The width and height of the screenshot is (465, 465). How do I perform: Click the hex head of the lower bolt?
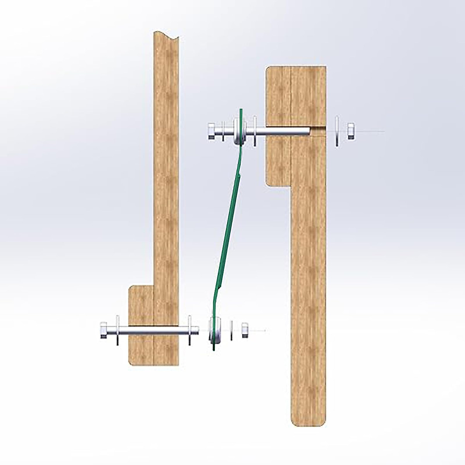(x=104, y=330)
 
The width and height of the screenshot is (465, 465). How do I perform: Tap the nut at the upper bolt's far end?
(x=351, y=131)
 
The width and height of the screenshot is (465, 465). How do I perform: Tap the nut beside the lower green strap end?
(x=245, y=330)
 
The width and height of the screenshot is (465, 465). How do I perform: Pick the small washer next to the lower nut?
(x=232, y=330)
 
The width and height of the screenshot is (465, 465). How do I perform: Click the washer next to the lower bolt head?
(x=117, y=330)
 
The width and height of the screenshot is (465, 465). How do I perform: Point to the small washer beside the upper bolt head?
(x=224, y=131)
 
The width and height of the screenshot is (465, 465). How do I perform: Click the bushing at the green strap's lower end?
(x=215, y=330)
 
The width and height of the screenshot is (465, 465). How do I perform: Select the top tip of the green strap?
(x=241, y=110)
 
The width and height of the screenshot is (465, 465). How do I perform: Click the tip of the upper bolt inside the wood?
(x=310, y=131)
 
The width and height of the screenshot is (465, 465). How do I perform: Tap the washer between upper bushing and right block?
(x=255, y=131)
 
